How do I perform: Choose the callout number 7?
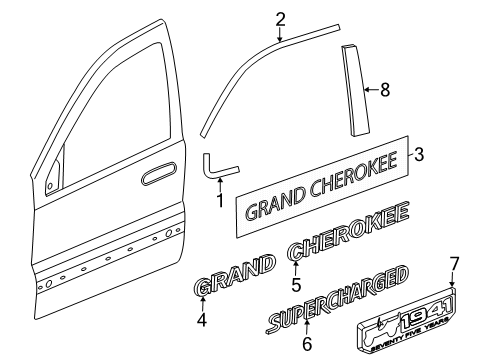pyautogui.click(x=426, y=291)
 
